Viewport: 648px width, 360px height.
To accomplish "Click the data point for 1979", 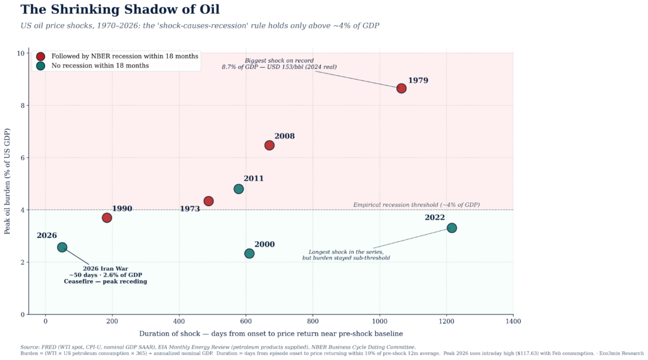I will tap(401, 88).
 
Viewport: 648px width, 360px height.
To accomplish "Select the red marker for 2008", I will tap(269, 145).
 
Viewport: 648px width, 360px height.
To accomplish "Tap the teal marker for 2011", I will tap(239, 189).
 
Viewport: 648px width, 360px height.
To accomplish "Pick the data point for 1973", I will tap(208, 201).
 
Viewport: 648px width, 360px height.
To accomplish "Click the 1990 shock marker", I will tap(107, 218).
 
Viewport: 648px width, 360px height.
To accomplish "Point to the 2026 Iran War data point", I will tap(62, 247).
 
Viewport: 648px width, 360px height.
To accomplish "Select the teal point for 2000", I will tap(249, 253).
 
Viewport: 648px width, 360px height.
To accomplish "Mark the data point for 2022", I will tap(452, 228).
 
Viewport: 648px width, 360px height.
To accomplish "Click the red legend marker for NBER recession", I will tap(40, 56).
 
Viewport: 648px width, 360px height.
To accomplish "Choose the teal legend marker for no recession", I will tap(40, 66).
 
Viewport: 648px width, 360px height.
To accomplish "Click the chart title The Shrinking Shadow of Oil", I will tap(120, 9).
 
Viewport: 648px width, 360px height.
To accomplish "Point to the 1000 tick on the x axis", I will tap(380, 321).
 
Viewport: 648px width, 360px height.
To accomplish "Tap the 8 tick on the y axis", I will tap(21, 106).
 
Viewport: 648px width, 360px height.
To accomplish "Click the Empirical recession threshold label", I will tap(416, 205).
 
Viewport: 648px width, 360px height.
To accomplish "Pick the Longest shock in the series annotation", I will tap(346, 255).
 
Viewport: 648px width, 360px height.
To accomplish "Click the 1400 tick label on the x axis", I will tap(513, 321).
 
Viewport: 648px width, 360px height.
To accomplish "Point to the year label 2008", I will tap(284, 136).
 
